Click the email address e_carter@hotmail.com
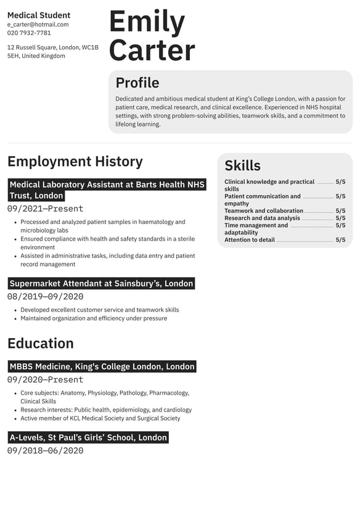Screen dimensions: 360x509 (38, 25)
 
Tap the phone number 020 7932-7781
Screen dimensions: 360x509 (29, 33)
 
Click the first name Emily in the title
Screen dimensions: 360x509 (147, 22)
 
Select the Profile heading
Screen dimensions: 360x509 (137, 83)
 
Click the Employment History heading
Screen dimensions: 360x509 (75, 162)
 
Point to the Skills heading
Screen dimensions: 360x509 (242, 165)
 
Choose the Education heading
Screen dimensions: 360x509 (41, 344)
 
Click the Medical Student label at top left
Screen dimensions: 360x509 (39, 15)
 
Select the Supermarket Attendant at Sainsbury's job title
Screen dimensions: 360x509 (102, 284)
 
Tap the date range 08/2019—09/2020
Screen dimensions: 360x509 (45, 297)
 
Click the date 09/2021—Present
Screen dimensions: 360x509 (45, 209)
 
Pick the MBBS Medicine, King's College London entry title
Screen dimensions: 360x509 (102, 366)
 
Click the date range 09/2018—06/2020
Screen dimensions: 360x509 (45, 450)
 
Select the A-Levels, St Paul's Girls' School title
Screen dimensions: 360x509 (88, 437)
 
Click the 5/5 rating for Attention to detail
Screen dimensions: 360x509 (340, 240)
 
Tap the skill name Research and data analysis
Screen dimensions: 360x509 (262, 218)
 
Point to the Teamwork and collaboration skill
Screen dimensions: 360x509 (264, 211)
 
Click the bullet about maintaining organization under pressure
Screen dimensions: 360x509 (94, 318)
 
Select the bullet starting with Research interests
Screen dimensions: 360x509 (106, 410)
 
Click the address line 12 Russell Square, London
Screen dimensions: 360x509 (53, 48)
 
